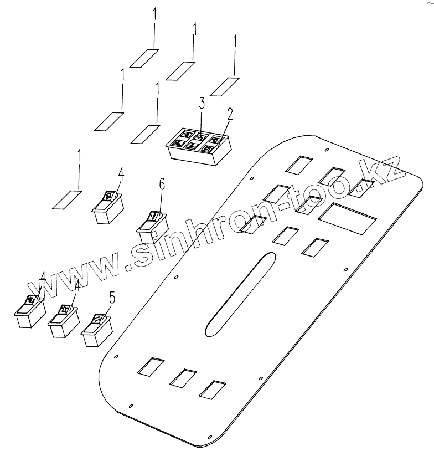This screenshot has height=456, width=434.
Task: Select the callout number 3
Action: [202, 103]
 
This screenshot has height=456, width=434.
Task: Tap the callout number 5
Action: [112, 298]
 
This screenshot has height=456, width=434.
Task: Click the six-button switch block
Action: [198, 146]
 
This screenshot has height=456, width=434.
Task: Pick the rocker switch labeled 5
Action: [97, 331]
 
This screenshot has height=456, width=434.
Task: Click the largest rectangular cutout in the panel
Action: [347, 217]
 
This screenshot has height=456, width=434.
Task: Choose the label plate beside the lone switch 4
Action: [67, 199]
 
